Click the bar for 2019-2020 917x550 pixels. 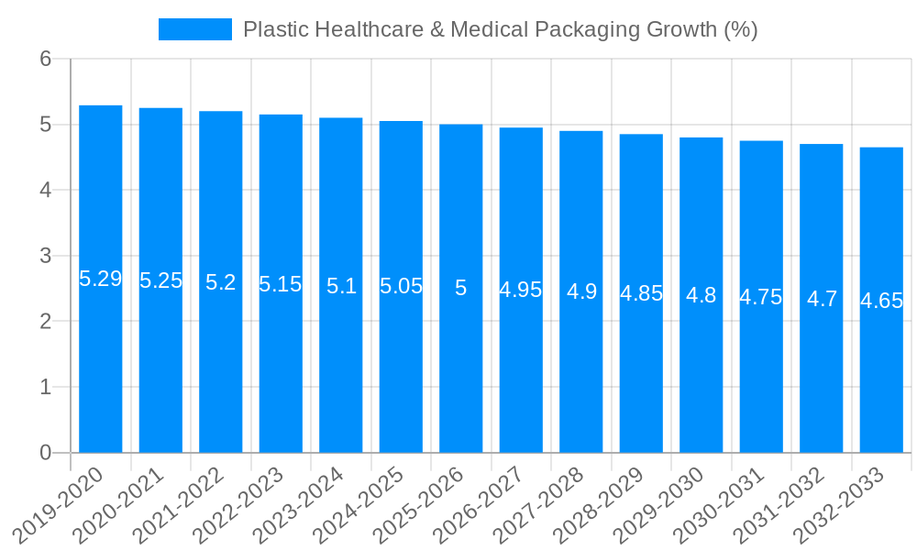tap(101, 367)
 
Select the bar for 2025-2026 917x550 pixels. tap(461, 367)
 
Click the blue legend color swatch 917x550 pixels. tap(195, 29)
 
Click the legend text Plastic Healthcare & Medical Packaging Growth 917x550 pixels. tap(500, 29)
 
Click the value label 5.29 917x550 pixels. tap(101, 279)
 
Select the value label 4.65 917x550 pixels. tap(881, 301)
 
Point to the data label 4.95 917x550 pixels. tap(521, 290)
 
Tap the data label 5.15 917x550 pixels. tap(281, 284)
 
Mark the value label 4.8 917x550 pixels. tap(702, 295)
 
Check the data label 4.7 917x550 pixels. tap(822, 299)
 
